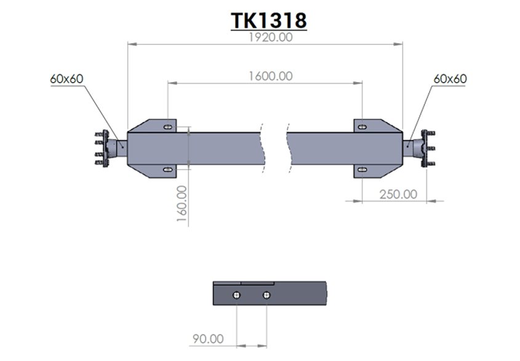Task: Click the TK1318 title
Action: click(x=269, y=20)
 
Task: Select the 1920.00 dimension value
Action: click(x=269, y=37)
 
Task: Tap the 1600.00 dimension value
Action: click(x=270, y=76)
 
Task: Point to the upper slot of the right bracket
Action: click(x=362, y=126)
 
